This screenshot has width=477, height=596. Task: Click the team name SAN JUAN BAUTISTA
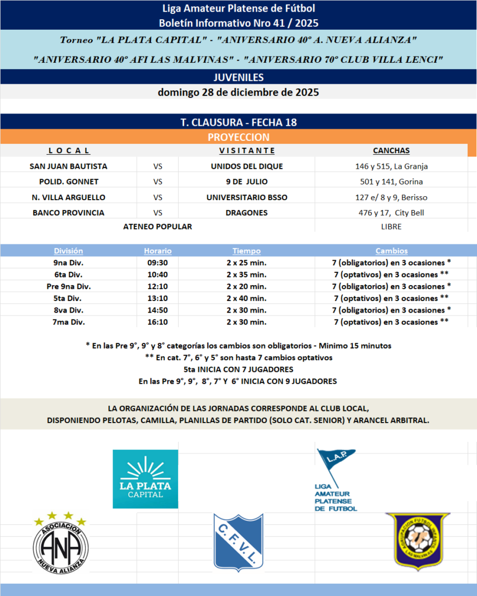[x=69, y=166]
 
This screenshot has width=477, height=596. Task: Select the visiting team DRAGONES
[x=246, y=212]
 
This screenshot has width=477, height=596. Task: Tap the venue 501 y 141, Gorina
[x=391, y=182]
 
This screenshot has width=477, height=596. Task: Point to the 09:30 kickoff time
[x=158, y=262]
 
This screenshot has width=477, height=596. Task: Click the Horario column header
[x=158, y=251]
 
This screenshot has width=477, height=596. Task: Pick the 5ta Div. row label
[x=69, y=298]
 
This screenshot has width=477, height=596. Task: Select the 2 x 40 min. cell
[x=246, y=298]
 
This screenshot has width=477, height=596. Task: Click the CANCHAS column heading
[x=391, y=151]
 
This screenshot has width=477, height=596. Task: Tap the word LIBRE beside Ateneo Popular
[x=391, y=226]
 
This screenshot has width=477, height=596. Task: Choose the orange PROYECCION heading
[x=238, y=137]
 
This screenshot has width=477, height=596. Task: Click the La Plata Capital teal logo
[x=145, y=478]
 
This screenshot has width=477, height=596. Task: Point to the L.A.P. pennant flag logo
[x=336, y=478]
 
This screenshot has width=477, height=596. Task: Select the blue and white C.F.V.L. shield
[x=238, y=541]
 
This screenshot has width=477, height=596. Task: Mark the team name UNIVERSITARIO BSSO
[x=246, y=197]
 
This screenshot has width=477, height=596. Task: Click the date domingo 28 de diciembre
[x=238, y=92]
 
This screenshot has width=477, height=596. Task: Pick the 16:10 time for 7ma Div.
[x=158, y=322]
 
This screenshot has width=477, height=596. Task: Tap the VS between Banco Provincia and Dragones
[x=158, y=212]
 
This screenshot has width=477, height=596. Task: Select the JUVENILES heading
[x=238, y=77]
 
